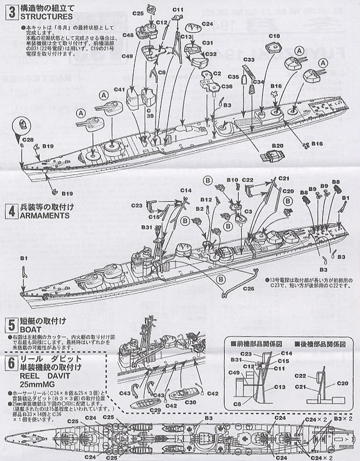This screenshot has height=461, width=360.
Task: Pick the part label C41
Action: tap(119, 89)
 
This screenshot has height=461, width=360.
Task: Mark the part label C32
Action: tap(211, 54)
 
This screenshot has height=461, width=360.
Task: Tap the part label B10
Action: tap(233, 180)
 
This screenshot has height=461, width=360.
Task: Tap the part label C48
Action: tap(127, 35)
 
